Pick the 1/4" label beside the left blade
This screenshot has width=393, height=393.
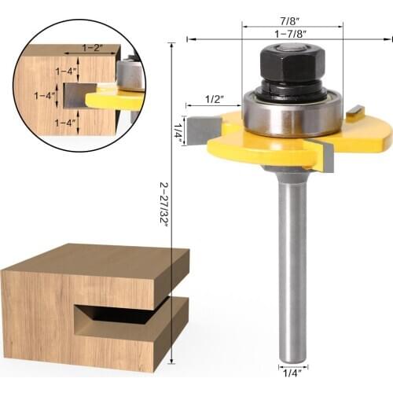179,130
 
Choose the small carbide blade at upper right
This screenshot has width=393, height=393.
354,112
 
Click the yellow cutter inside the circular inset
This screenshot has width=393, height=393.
114,98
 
